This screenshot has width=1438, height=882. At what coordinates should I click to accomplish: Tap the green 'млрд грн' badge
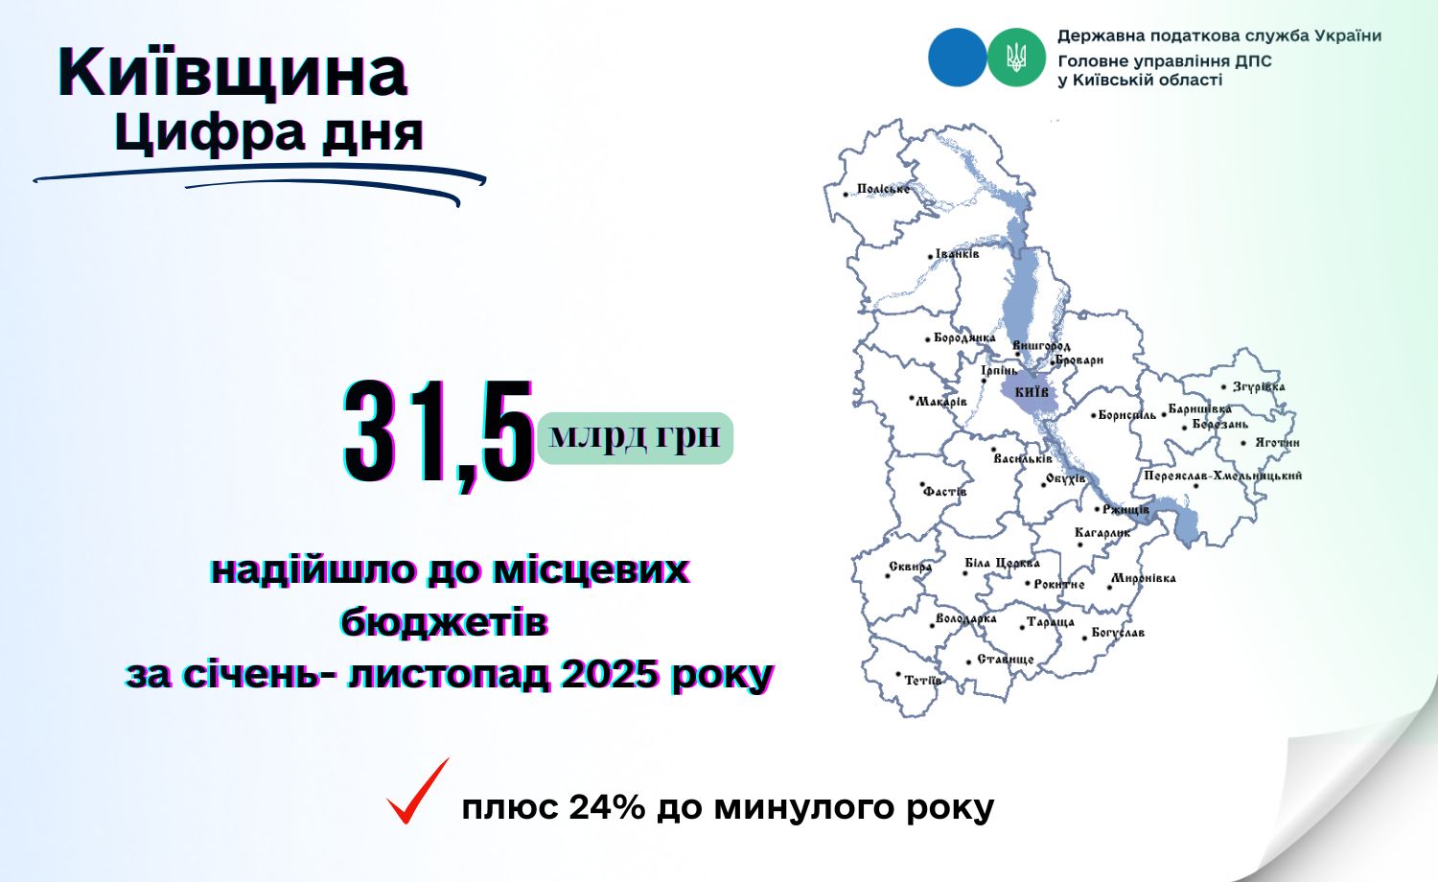(636, 438)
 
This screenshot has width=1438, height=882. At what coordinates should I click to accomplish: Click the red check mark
(417, 791)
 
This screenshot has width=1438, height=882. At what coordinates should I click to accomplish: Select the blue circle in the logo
(957, 58)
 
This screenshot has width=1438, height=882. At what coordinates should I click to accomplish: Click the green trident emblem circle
(1016, 58)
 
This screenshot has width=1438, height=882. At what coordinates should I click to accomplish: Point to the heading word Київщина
(232, 72)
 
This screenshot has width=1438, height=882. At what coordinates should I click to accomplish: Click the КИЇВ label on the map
(1031, 391)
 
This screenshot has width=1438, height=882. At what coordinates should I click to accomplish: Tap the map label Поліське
(883, 189)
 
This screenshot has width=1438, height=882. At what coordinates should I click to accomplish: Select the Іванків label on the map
(957, 253)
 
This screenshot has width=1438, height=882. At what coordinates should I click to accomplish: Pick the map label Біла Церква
(1002, 563)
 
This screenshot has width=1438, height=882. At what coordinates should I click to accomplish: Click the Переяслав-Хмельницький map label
(1223, 476)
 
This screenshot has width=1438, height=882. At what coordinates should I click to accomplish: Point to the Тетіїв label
(923, 681)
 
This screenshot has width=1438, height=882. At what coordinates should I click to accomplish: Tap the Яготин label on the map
(1278, 443)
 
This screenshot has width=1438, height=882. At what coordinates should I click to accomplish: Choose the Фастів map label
(945, 492)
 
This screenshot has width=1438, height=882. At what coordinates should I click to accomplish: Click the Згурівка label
(1259, 386)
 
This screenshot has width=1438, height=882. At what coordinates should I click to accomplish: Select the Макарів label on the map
(941, 402)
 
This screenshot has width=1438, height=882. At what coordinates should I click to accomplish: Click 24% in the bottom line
(607, 807)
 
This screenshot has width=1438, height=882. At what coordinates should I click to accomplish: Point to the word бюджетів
(444, 621)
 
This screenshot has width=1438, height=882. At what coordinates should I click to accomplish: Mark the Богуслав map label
(1118, 633)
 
